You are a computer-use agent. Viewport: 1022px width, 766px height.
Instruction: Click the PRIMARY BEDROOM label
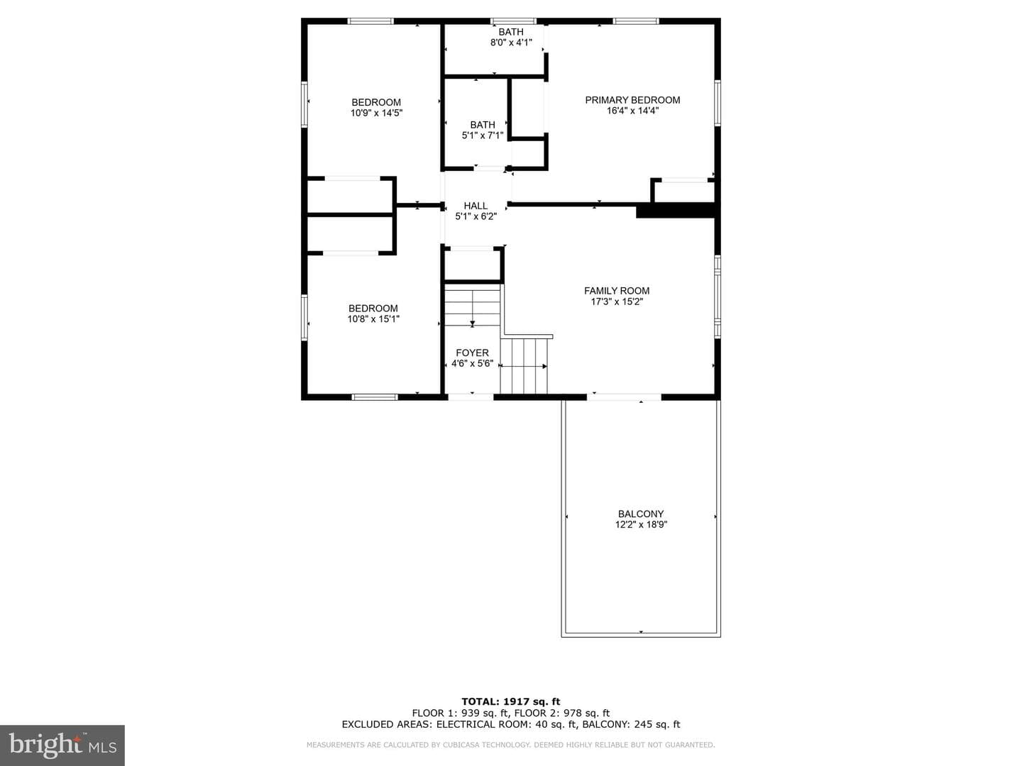click(632, 100)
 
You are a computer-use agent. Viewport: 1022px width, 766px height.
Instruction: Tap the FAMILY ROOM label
click(617, 291)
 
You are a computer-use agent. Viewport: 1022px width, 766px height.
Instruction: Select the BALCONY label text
click(641, 514)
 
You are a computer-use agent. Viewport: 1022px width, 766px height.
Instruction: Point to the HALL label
click(476, 206)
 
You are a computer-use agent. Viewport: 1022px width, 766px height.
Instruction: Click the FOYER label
click(472, 353)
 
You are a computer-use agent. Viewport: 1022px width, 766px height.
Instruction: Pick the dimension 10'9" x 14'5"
click(376, 113)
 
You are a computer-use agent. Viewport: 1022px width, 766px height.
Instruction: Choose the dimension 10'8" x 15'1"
click(373, 319)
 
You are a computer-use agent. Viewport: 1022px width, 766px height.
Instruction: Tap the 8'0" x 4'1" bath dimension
click(511, 43)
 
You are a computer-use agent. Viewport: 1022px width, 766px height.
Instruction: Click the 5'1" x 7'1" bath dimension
click(483, 135)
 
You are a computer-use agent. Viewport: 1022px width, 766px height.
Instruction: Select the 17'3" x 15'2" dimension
click(617, 301)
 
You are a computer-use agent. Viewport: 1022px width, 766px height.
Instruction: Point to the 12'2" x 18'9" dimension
click(641, 525)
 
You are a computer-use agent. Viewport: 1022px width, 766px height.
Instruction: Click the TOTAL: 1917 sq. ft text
click(511, 701)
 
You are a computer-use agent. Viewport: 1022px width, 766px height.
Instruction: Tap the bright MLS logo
click(62, 745)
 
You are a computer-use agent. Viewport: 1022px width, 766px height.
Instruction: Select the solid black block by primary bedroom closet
click(676, 210)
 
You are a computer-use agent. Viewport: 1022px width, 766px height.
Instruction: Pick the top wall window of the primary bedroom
click(635, 21)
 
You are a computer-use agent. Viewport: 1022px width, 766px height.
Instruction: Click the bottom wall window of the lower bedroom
click(375, 396)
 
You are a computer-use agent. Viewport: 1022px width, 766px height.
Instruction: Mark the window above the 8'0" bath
click(513, 21)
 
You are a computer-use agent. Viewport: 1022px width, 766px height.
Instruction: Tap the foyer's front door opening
click(471, 396)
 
